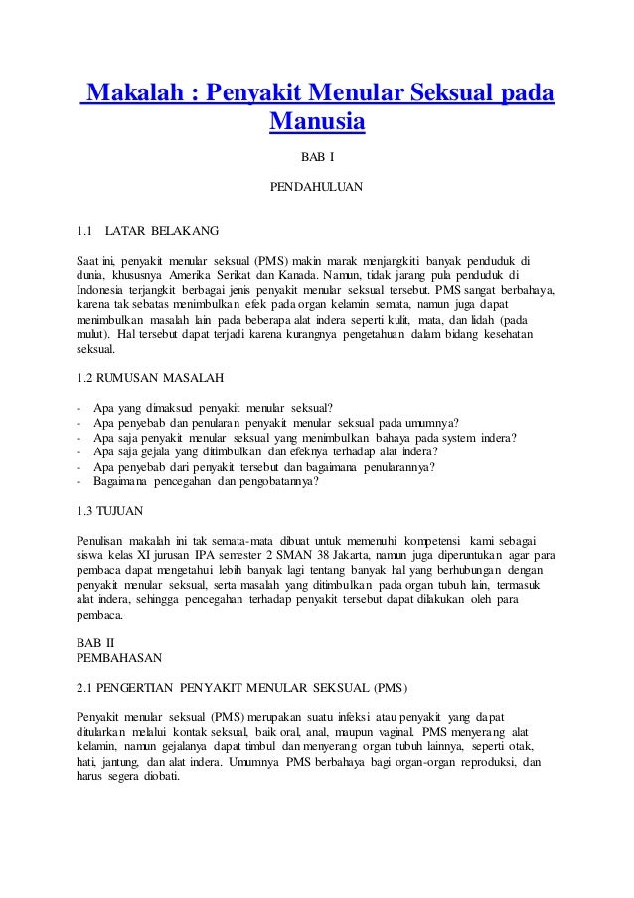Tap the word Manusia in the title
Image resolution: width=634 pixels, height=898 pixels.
tap(317, 123)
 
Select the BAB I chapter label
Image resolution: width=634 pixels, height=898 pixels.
tap(317, 157)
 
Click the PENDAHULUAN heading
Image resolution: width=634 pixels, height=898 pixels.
tap(317, 186)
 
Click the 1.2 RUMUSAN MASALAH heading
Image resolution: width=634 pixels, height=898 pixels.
tap(151, 379)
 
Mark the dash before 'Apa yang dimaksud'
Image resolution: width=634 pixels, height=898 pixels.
tap(79, 409)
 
